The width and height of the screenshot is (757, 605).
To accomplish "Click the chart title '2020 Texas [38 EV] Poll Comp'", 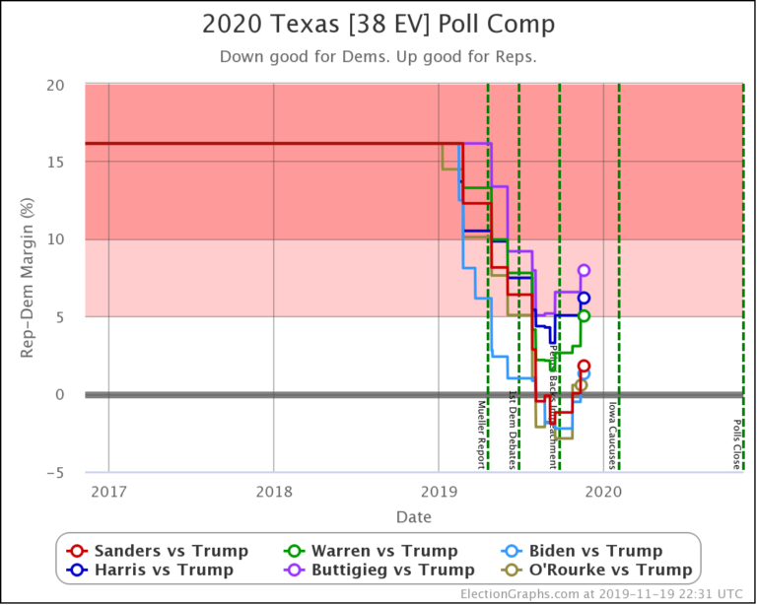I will tap(378, 24).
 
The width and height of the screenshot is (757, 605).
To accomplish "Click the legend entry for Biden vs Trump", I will tap(596, 551).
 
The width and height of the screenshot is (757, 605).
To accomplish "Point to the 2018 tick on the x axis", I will tap(273, 491).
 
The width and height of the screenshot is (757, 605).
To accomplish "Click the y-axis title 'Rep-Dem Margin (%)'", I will tap(29, 279).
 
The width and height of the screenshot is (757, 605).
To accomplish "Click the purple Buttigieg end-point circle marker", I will tap(584, 270).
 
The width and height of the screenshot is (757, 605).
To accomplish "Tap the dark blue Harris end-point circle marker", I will tap(584, 298).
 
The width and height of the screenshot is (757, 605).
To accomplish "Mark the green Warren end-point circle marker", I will tap(584, 316).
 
